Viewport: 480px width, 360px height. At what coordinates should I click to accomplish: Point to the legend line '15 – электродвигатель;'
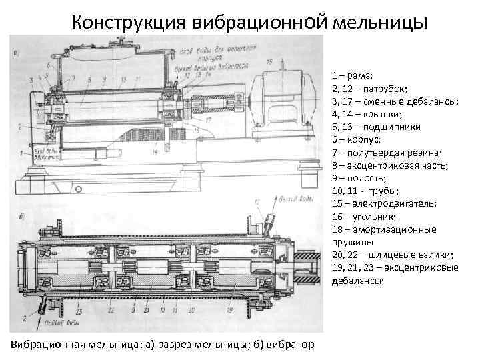coord(383,203)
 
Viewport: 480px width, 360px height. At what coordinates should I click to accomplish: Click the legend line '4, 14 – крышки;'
coord(364,114)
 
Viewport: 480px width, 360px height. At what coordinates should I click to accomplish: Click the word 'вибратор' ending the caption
coord(291,343)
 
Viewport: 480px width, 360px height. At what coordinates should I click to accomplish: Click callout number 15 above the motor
coord(269,62)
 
